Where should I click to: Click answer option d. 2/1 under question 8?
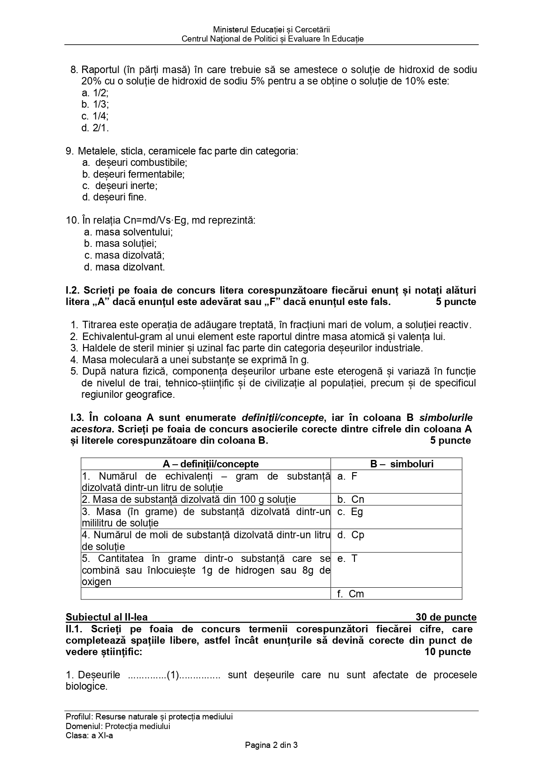point(95,128)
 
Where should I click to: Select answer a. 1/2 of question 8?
point(95,93)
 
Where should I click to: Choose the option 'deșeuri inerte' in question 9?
point(119,186)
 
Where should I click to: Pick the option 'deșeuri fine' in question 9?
point(114,197)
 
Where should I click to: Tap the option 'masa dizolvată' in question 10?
point(124,255)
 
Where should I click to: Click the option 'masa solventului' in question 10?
point(128,232)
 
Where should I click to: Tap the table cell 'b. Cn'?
point(350,499)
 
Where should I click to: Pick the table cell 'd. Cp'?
point(350,535)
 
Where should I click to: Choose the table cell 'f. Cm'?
point(350,594)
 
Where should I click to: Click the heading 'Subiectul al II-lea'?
point(107,617)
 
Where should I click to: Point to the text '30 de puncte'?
point(446,617)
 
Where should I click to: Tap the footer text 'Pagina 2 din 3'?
point(271,745)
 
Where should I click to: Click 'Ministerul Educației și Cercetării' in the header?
point(271,30)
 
